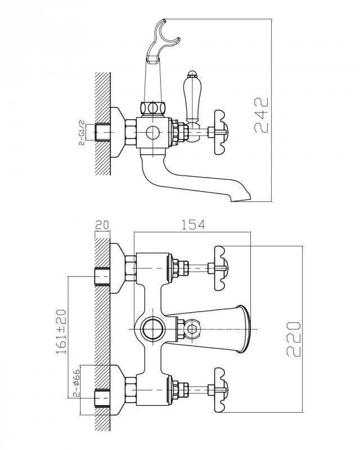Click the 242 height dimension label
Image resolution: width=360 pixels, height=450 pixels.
(x=260, y=115)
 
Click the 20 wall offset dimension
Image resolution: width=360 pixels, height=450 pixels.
(x=102, y=224)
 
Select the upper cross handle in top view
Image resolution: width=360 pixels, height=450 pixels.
(x=220, y=260)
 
